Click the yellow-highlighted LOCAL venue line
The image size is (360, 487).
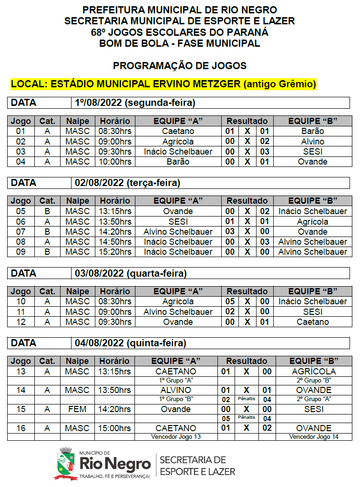click(164, 84)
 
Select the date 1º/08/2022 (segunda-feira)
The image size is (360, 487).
click(135, 103)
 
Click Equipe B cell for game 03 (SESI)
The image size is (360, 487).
click(313, 152)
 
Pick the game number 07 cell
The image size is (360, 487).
click(21, 232)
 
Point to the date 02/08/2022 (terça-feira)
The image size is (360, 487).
click(127, 183)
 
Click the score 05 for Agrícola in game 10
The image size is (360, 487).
click(230, 301)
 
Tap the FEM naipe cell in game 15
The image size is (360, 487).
click(77, 409)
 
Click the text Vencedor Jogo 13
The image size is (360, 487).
click(175, 436)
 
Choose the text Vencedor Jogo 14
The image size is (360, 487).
click(314, 436)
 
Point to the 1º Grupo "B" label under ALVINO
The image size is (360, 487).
click(175, 399)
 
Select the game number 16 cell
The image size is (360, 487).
click(21, 428)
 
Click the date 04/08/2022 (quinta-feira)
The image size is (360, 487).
click(130, 343)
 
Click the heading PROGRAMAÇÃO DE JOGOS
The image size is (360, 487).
click(179, 66)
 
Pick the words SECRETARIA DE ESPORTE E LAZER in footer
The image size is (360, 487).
click(197, 466)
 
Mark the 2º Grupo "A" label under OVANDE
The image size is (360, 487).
click(314, 399)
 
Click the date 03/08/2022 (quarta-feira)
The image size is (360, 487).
click(131, 273)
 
